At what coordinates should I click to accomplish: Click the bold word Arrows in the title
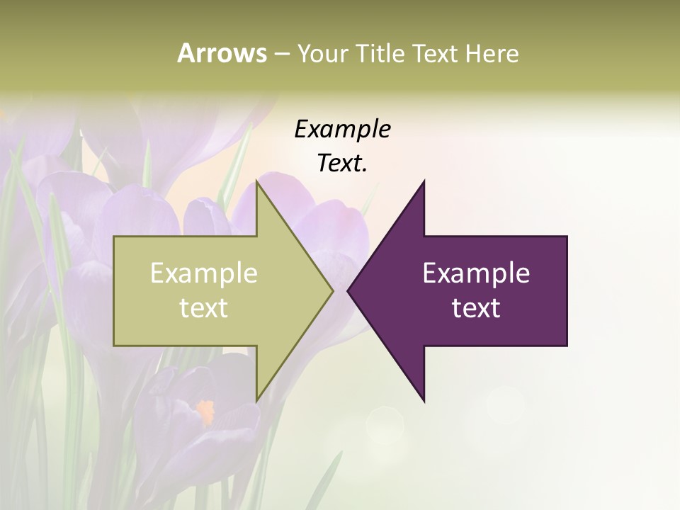coord(221,53)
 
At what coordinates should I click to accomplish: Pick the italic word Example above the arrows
coord(342,130)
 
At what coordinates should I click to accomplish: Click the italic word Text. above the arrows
coord(342,164)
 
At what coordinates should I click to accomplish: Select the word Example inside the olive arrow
coord(204,273)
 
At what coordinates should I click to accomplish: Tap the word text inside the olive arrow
coord(204,308)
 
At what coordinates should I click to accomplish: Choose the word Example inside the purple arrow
coord(476,273)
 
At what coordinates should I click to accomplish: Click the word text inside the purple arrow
coord(476,308)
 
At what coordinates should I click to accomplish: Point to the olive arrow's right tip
coord(333,290)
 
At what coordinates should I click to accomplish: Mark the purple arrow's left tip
coord(348,290)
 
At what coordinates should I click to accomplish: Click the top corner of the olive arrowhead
coord(256,181)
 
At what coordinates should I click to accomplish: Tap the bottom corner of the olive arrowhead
coord(256,402)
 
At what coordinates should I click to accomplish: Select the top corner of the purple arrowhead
coord(424,181)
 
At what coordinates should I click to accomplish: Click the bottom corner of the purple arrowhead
coord(424,402)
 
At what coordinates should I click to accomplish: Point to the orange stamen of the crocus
coord(205,409)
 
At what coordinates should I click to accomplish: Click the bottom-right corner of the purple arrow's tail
coord(567,346)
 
